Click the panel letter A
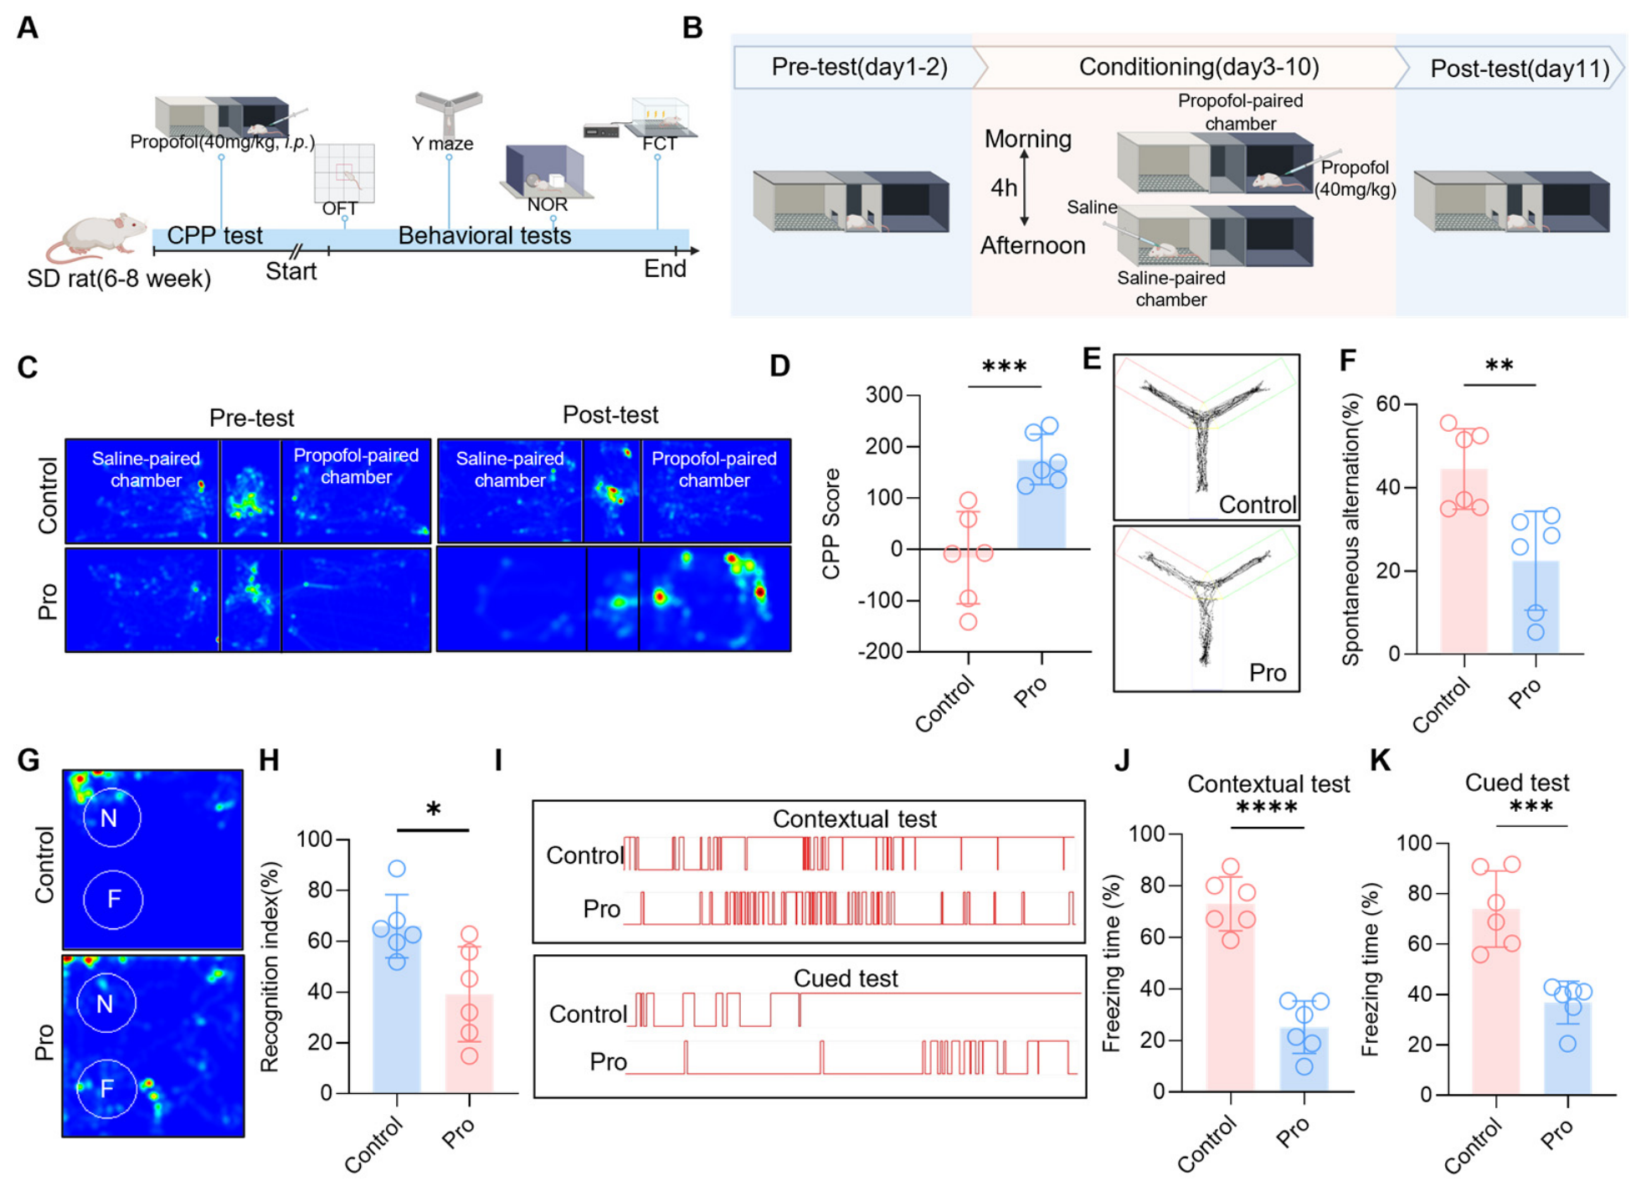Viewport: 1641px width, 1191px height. click(x=28, y=28)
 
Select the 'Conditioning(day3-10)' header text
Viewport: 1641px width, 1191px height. click(x=1198, y=67)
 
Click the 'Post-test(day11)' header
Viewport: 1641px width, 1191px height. click(x=1519, y=69)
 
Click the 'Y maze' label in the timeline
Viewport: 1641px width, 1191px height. click(x=442, y=143)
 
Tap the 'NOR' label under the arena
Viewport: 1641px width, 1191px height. click(x=548, y=204)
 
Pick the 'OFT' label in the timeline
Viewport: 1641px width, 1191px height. click(x=340, y=208)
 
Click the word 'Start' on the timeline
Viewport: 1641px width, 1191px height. click(x=291, y=271)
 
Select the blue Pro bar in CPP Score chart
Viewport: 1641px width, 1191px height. click(x=1042, y=504)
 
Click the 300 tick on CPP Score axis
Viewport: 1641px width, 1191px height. click(x=884, y=394)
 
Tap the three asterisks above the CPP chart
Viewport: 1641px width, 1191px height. click(x=1004, y=367)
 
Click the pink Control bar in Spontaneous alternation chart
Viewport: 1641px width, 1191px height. click(x=1464, y=561)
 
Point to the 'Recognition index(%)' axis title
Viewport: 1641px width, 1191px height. click(x=270, y=967)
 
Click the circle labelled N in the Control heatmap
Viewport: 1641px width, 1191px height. click(x=112, y=818)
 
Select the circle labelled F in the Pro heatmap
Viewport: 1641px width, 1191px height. click(x=106, y=1088)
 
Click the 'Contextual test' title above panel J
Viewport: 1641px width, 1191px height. click(x=1268, y=784)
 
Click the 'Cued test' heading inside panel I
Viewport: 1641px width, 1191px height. click(x=846, y=978)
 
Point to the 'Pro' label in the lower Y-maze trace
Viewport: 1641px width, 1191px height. click(x=1268, y=673)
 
